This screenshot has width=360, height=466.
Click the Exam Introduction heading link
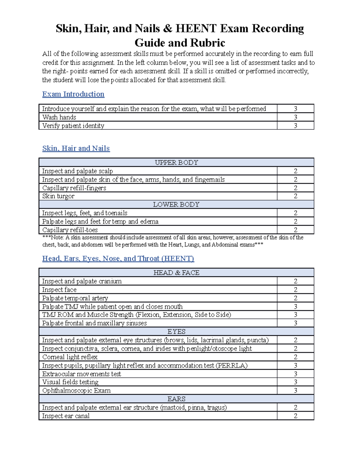coord(73,94)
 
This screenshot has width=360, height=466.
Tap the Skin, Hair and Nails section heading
coord(76,149)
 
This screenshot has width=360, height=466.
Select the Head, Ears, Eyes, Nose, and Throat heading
coord(118,259)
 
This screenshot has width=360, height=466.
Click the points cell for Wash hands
coord(295,117)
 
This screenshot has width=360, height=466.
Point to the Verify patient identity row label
coord(73,126)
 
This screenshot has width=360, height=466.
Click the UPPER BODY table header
coord(176,163)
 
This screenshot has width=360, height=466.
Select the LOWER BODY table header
coord(176,205)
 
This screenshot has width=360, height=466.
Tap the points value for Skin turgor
coord(295,196)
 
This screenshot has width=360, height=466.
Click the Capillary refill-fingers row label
coord(74,188)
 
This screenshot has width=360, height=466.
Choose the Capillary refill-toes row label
coord(70,230)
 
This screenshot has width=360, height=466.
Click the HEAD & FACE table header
coord(176,273)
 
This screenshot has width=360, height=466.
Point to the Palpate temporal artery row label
coord(75,298)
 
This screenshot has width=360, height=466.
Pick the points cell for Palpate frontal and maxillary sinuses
coord(295,323)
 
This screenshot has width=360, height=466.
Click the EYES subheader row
coord(176,332)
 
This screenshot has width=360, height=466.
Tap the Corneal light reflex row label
coord(70,357)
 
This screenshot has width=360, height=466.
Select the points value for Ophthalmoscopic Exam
coord(295,391)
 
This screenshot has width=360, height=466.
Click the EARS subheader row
coord(176,399)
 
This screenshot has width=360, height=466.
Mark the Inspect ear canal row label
coord(66,416)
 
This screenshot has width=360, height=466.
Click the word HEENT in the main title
coord(196,29)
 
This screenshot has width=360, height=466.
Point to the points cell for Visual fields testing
coord(295,382)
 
